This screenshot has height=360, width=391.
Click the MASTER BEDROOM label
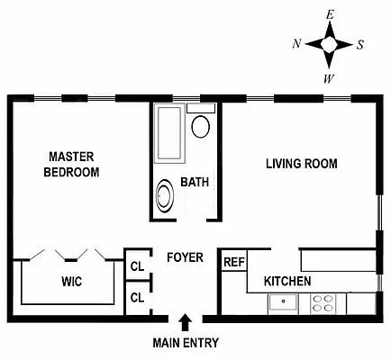72,164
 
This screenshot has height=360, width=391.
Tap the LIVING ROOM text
301,164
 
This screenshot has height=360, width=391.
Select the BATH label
194,182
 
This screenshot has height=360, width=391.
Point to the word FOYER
185,257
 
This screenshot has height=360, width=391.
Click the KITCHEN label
287,282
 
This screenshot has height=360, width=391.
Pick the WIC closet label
71,282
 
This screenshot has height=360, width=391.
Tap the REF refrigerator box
233,262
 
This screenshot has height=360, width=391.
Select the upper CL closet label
137,266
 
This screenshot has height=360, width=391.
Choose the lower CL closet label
137,297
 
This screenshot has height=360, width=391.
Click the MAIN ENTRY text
185,343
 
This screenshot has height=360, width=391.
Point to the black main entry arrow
186,321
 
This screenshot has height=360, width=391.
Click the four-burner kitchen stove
323,303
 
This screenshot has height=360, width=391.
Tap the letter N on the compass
296,43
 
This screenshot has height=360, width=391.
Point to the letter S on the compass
360,43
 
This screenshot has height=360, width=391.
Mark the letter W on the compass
330,77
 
